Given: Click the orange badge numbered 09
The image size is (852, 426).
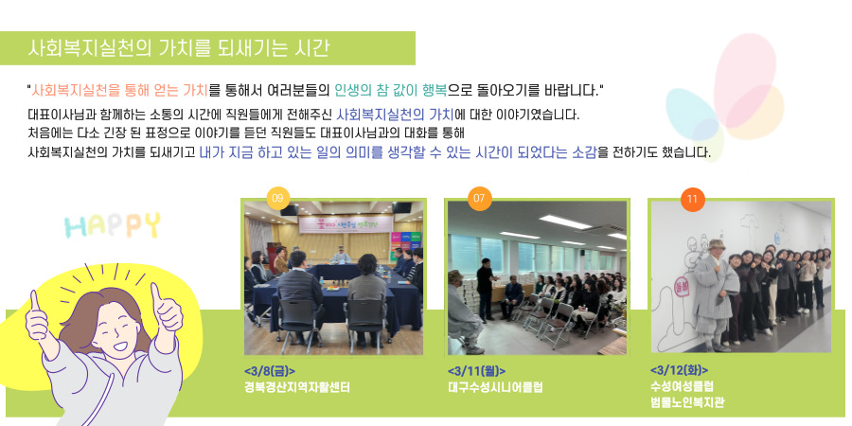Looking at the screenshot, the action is pos(277,199).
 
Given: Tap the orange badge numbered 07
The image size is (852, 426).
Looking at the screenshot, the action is pos(479,199).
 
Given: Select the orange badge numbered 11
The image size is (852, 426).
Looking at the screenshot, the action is pos(692,200).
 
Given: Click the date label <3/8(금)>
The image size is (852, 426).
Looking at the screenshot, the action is pos(270,372).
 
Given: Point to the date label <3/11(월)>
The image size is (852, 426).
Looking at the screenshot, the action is pos(477,372).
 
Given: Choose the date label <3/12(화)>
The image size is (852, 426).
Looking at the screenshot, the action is pos(679,370).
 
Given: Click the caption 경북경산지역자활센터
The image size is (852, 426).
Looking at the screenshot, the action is pos(296,387).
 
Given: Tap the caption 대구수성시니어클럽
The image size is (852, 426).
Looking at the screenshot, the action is pos(495,387).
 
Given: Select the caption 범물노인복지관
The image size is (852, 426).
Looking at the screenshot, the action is pos(687,402).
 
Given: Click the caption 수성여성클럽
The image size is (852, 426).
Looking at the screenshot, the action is pos(682,386).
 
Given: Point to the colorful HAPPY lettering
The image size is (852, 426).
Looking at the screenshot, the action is pos(113,225).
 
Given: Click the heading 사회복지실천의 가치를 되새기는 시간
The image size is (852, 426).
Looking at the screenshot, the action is pos(178,48).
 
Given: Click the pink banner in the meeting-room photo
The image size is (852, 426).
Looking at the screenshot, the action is pos(346,223).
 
